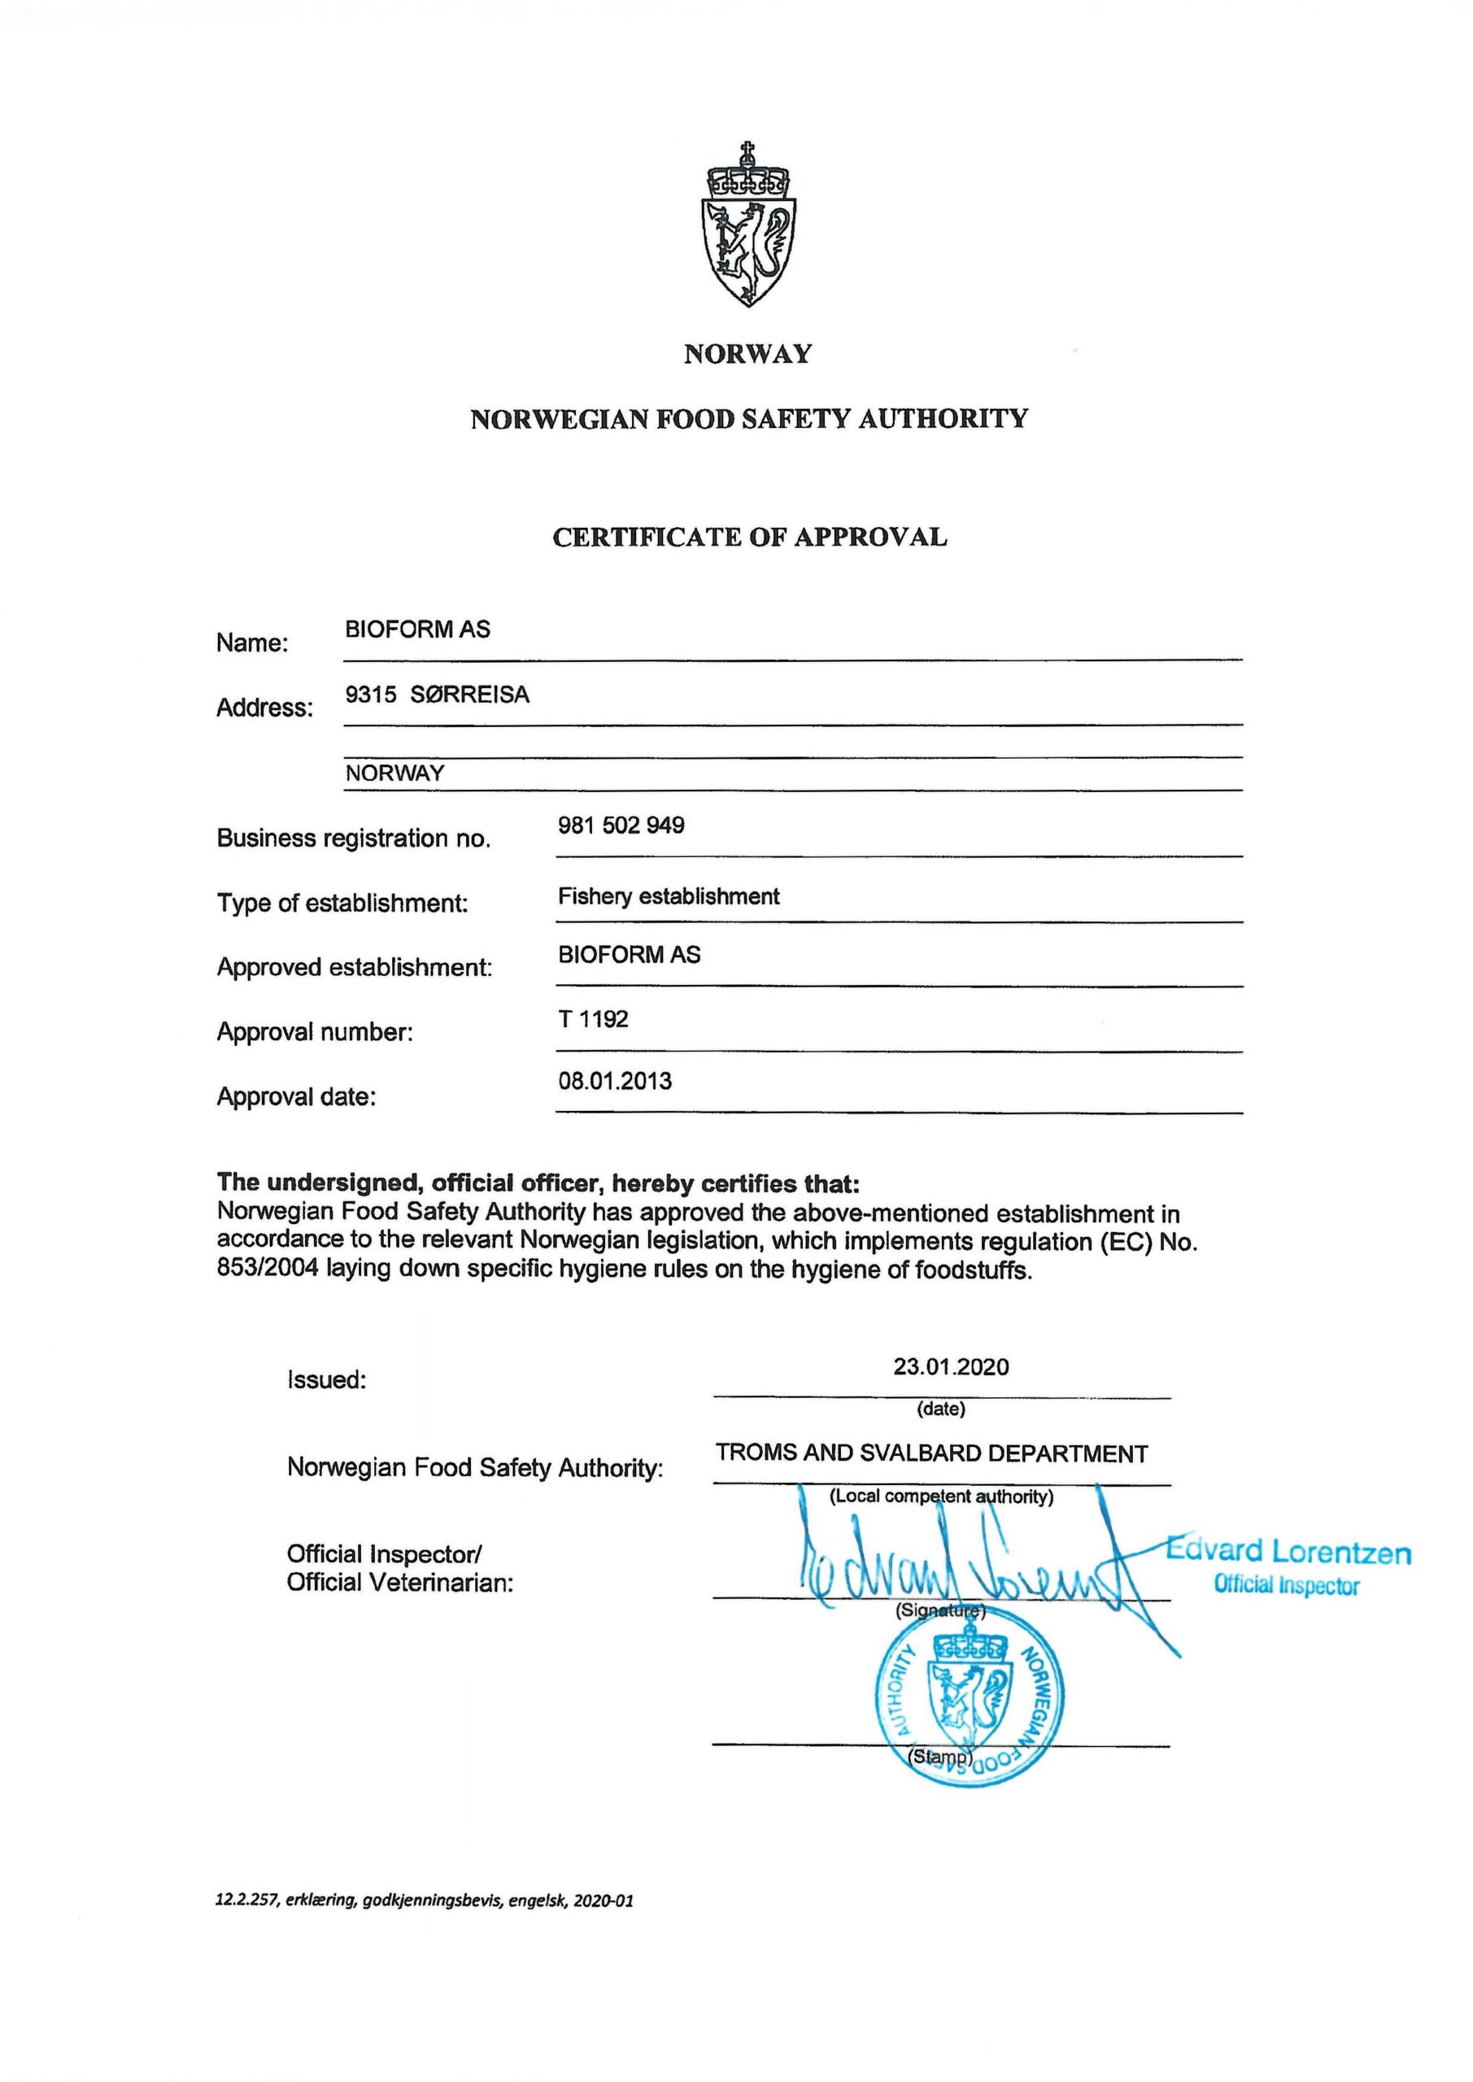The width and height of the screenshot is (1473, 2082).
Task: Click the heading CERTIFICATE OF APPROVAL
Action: pyautogui.click(x=749, y=537)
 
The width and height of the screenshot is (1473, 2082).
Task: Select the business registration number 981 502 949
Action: pyautogui.click(x=621, y=825)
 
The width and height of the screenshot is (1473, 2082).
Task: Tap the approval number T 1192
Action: pyautogui.click(x=593, y=1019)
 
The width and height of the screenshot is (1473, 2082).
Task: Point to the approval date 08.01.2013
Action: pyautogui.click(x=615, y=1081)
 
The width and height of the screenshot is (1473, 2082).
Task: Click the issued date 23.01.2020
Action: pyautogui.click(x=951, y=1366)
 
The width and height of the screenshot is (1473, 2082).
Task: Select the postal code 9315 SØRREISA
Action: pyautogui.click(x=438, y=695)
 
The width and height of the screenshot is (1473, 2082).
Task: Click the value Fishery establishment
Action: pyautogui.click(x=669, y=897)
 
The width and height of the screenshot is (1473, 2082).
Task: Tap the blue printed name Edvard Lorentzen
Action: pyautogui.click(x=1289, y=1552)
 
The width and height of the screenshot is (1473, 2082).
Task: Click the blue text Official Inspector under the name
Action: pyautogui.click(x=1286, y=1586)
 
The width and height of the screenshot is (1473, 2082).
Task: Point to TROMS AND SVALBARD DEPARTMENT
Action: pyautogui.click(x=931, y=1453)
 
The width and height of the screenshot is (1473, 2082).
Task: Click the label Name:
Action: pyautogui.click(x=252, y=643)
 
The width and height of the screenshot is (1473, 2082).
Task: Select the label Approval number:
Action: pyautogui.click(x=315, y=1032)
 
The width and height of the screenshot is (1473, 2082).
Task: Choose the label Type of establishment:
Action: pyautogui.click(x=342, y=904)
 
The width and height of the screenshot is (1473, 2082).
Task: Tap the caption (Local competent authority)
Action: pyautogui.click(x=940, y=1496)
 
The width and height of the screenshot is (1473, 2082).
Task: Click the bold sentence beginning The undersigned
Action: pyautogui.click(x=538, y=1183)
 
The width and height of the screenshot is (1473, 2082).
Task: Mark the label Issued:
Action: pyautogui.click(x=326, y=1379)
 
